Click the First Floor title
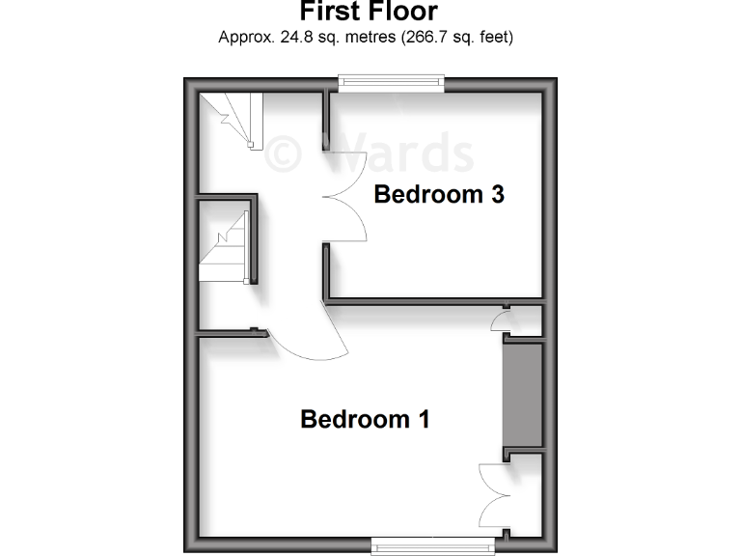tap(369, 12)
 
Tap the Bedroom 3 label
tap(439, 194)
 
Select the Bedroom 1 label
tap(365, 419)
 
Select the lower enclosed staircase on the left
tap(225, 247)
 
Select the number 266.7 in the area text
tap(424, 39)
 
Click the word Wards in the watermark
tap(405, 153)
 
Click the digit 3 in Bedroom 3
tap(497, 194)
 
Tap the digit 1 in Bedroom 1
tap(423, 419)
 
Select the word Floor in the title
tap(402, 12)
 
